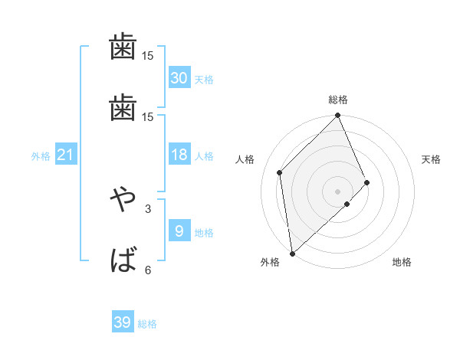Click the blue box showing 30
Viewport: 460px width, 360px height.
[179, 77]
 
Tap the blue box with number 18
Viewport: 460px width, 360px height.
[179, 155]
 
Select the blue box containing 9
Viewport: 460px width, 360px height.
[179, 231]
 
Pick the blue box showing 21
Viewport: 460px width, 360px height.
[66, 155]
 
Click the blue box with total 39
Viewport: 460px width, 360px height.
[123, 322]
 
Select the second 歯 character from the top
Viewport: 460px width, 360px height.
[123, 108]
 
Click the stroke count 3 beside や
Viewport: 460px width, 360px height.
[148, 208]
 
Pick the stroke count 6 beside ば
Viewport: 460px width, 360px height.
[148, 270]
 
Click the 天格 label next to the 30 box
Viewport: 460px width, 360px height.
[204, 80]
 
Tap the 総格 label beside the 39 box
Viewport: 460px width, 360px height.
[147, 325]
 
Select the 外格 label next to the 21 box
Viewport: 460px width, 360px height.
[41, 156]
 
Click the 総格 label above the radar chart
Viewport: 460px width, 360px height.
[338, 100]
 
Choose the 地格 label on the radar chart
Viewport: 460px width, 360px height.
[402, 263]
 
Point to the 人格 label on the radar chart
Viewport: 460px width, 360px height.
[245, 159]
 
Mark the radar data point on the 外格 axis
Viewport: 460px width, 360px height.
[292, 253]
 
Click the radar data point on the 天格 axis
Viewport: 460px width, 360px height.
[367, 182]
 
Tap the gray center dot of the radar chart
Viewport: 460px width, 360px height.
[338, 190]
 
